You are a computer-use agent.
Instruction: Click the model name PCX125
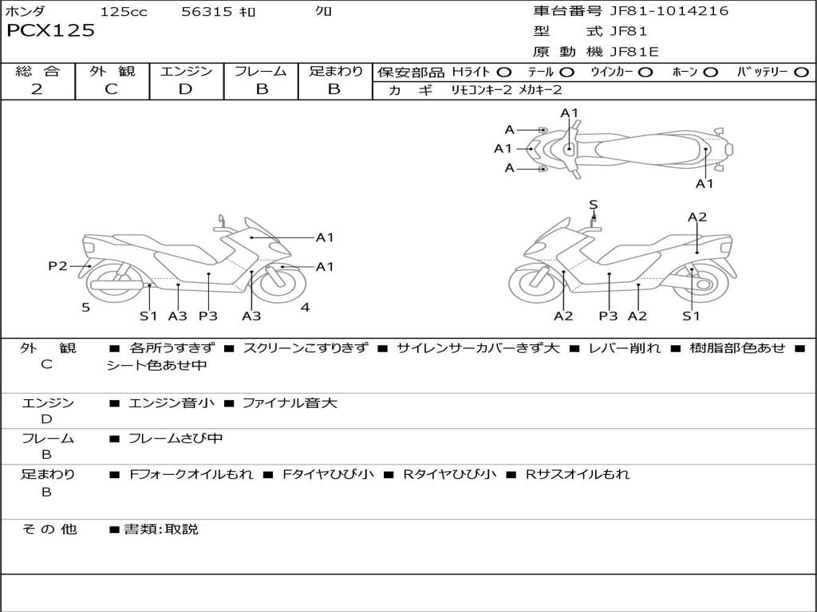pyautogui.click(x=50, y=30)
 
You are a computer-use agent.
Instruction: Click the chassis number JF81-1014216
pyautogui.click(x=669, y=11)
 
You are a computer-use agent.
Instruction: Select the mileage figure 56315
pyautogui.click(x=207, y=11)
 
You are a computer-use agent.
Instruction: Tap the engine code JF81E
pyautogui.click(x=634, y=52)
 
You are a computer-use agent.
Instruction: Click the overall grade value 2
pyautogui.click(x=37, y=89)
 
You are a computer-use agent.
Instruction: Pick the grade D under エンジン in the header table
pyautogui.click(x=185, y=89)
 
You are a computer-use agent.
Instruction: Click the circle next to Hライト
pyautogui.click(x=504, y=73)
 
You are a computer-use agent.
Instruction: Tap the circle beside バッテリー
pyautogui.click(x=802, y=73)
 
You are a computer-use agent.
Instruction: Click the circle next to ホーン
pyautogui.click(x=711, y=73)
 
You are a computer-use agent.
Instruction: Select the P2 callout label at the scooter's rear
pyautogui.click(x=57, y=266)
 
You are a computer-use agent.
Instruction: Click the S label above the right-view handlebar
pyautogui.click(x=593, y=205)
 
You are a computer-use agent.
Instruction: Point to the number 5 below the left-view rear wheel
pyautogui.click(x=86, y=308)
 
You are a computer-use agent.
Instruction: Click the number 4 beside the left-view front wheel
pyautogui.click(x=305, y=308)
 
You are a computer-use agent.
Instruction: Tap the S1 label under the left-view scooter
pyautogui.click(x=148, y=316)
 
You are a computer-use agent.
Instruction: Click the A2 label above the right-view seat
pyautogui.click(x=697, y=217)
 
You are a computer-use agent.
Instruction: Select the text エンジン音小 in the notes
pyautogui.click(x=171, y=402)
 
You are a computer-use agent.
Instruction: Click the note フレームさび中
pyautogui.click(x=176, y=439)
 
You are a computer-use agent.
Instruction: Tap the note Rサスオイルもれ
pyautogui.click(x=578, y=474)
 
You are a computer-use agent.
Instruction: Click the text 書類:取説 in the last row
pyautogui.click(x=161, y=529)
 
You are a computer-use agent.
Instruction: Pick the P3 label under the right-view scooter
pyautogui.click(x=608, y=316)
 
